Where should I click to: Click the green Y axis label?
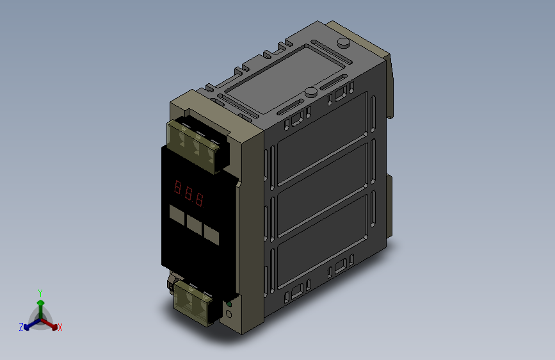click(40, 293)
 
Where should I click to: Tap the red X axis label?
click(60, 327)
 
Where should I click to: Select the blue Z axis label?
click(21, 327)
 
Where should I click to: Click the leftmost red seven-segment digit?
click(177, 187)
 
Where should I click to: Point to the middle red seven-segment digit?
click(189, 193)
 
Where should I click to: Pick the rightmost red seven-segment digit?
click(200, 199)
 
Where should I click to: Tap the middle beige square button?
click(194, 225)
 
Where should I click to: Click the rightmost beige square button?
click(211, 234)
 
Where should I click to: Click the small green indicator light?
click(229, 304)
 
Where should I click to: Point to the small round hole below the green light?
click(229, 314)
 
